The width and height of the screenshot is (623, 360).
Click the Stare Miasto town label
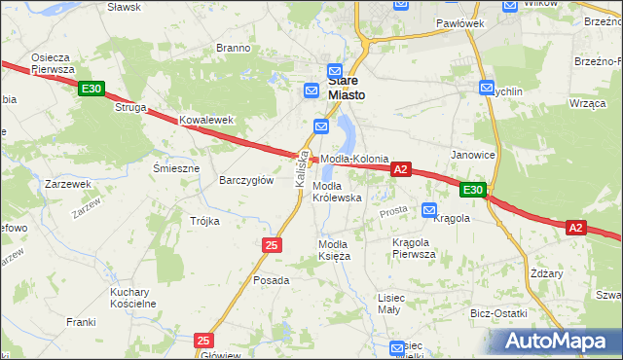tap(347, 88)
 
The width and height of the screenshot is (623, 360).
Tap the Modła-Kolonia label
tap(354, 159)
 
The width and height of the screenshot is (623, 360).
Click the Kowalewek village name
tap(207, 121)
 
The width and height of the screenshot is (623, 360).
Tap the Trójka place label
tap(204, 221)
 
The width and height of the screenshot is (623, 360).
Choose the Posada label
tap(271, 280)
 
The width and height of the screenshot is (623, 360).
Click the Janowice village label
tap(473, 155)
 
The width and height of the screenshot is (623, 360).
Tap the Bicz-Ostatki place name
tap(497, 313)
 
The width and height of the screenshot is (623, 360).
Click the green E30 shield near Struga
tap(91, 90)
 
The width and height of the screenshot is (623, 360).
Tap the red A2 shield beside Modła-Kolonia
tap(399, 169)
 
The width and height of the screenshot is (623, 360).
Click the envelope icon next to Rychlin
tap(487, 88)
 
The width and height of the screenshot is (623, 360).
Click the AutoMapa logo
tap(558, 341)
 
